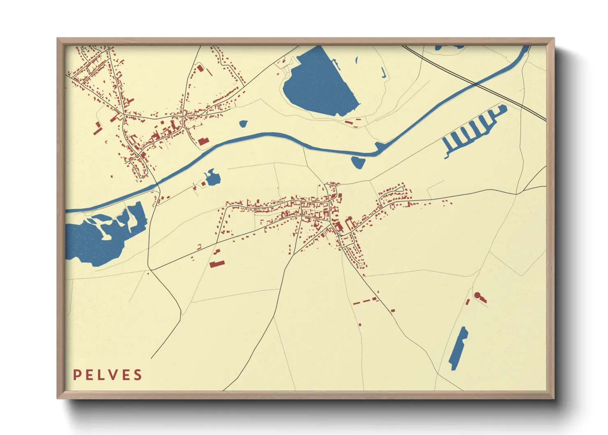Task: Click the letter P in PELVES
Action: pyautogui.click(x=77, y=375)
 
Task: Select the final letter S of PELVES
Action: pyautogui.click(x=138, y=375)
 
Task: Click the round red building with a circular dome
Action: pyautogui.click(x=477, y=295)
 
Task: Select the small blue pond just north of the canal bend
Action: pyautogui.click(x=244, y=123)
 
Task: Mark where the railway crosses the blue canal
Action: pyautogui.click(x=475, y=84)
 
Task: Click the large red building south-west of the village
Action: pyautogui.click(x=217, y=263)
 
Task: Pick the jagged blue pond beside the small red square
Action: pyautogui.click(x=212, y=178)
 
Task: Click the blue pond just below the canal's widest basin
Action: pyautogui.click(x=358, y=162)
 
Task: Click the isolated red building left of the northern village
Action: pyautogui.click(x=97, y=129)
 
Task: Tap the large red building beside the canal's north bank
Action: pyautogui.click(x=203, y=142)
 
